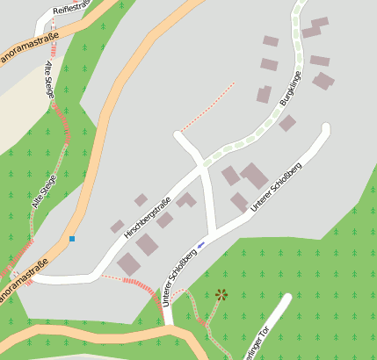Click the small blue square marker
pos(72,238)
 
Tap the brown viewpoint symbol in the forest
pos(221,294)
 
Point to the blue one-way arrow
pos(201,244)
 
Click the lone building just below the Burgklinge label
pos(287,123)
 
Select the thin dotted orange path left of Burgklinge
pos(209,103)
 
